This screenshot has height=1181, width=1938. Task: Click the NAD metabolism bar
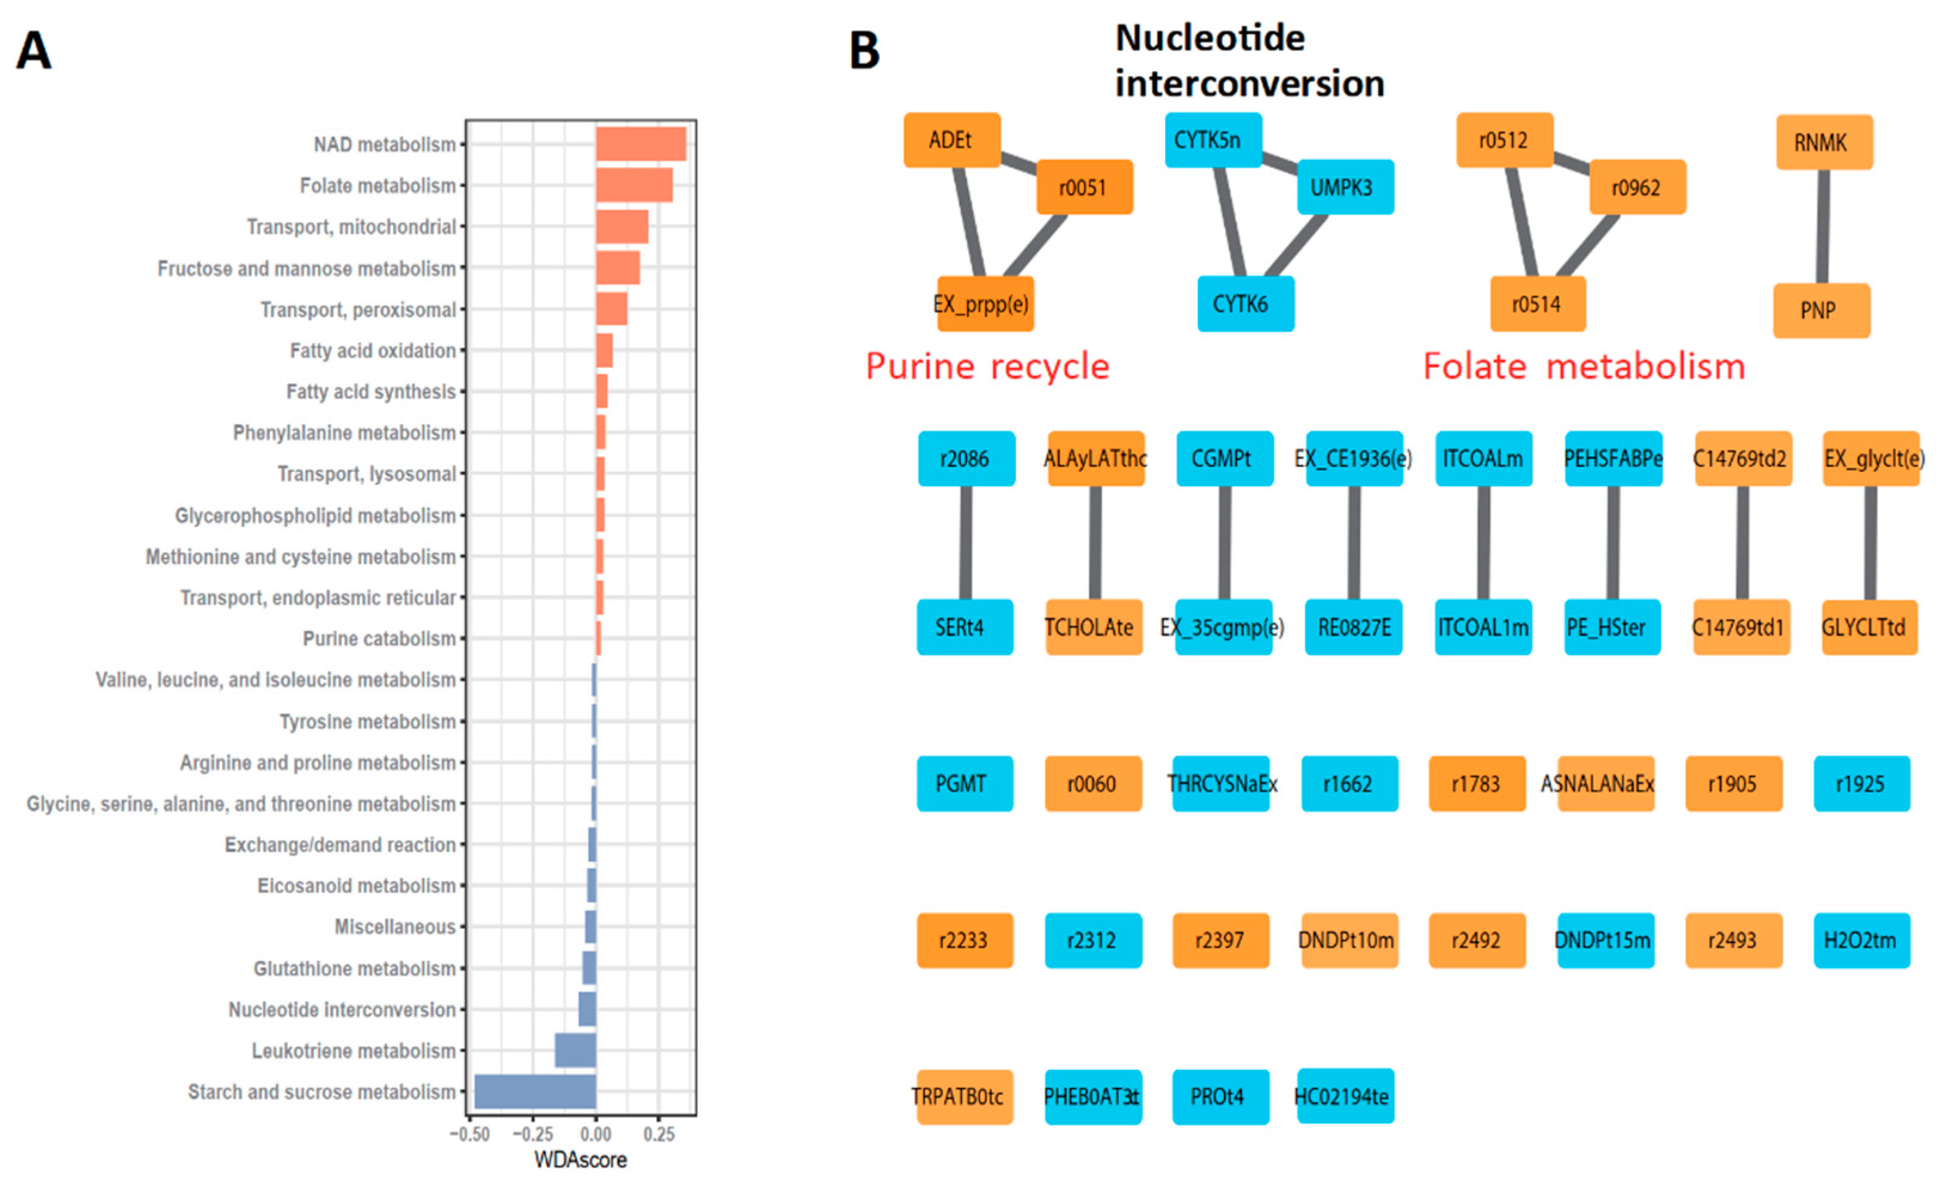point(640,144)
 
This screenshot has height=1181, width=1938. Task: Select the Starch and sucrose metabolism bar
point(535,1091)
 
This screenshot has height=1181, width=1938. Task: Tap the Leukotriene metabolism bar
point(575,1051)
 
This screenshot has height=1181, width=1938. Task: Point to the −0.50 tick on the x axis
point(470,1134)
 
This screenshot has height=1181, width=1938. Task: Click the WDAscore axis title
point(580,1159)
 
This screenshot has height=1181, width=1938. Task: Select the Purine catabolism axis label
point(379,639)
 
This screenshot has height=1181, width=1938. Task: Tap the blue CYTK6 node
point(1245,303)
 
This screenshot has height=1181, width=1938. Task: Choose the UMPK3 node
point(1345,187)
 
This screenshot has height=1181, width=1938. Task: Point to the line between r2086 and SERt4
point(965,542)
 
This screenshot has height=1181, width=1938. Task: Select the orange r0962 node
point(1637,187)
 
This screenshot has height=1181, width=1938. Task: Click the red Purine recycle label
point(987,366)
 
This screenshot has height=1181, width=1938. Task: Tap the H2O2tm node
point(1861,940)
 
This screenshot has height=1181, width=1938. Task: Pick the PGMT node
point(965,784)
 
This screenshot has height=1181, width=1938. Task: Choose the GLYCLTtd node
point(1869,627)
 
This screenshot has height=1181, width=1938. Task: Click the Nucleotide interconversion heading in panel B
point(1249,60)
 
